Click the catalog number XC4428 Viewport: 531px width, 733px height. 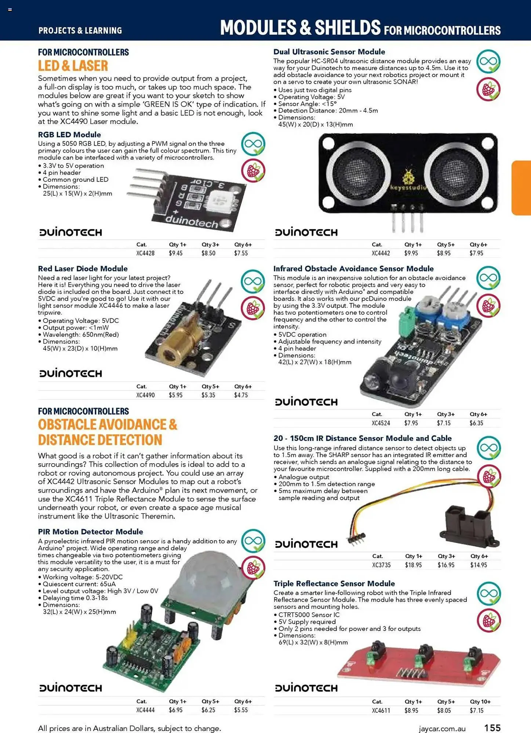[x=145, y=253]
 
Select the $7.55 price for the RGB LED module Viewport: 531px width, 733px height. [x=241, y=253]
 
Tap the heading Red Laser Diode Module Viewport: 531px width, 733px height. [x=83, y=269]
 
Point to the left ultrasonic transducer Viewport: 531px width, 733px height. [x=358, y=173]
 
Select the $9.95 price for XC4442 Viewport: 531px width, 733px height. [x=411, y=253]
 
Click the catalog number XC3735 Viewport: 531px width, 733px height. [x=381, y=565]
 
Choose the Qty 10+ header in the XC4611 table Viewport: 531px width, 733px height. [x=480, y=701]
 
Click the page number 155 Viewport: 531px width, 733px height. [x=492, y=728]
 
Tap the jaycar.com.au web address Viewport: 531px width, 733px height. [x=442, y=729]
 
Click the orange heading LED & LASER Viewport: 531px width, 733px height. [x=73, y=66]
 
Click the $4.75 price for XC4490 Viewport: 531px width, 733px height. [x=241, y=395]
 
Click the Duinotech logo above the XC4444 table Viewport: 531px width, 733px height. [x=70, y=688]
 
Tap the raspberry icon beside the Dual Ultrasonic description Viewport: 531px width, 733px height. [x=488, y=89]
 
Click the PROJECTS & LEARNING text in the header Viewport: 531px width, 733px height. [x=80, y=30]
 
